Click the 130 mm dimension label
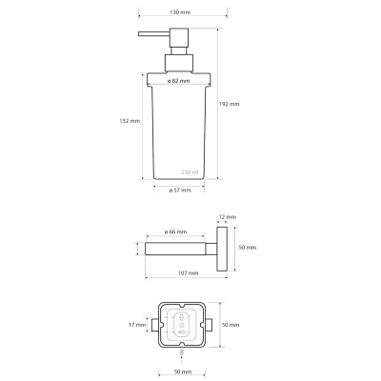(x=180, y=12)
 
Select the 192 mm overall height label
(x=230, y=104)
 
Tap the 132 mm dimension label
(x=130, y=121)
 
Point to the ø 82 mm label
(x=179, y=81)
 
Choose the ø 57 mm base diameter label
(x=180, y=190)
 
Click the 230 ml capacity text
(x=190, y=172)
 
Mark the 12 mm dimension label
(x=228, y=217)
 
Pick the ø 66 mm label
(x=175, y=232)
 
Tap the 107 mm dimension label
(x=189, y=273)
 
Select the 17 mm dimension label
(x=137, y=325)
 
